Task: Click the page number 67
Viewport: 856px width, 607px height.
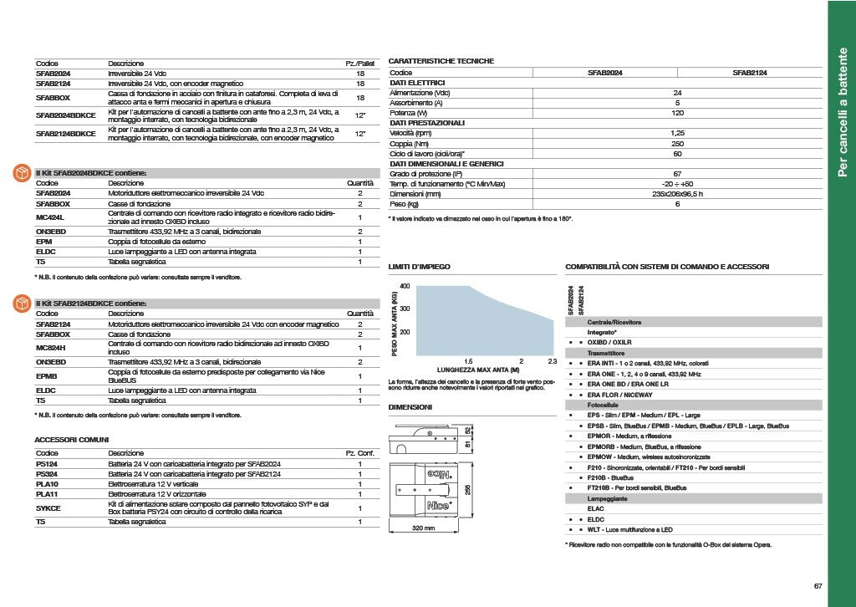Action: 818,585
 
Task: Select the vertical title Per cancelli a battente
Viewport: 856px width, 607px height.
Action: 842,113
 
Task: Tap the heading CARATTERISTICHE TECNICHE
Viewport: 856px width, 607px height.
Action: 441,61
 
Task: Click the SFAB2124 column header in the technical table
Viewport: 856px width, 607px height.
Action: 750,73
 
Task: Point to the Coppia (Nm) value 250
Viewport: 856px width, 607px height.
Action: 677,143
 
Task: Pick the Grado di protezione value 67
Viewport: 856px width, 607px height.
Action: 677,173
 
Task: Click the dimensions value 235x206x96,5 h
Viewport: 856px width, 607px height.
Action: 677,193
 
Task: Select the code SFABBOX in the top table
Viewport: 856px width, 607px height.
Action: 53,98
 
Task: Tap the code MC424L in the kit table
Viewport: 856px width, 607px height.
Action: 50,217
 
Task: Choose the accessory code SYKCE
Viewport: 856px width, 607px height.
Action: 48,508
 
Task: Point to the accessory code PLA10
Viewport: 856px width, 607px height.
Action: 47,483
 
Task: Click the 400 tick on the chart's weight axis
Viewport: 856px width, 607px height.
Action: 405,287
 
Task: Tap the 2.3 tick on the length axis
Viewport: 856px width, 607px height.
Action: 552,361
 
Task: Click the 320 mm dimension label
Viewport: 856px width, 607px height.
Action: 425,528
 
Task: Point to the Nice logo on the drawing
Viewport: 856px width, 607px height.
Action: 441,505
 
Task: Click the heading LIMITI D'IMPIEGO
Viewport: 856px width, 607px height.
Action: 420,267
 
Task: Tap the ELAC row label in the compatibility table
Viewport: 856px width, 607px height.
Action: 596,508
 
